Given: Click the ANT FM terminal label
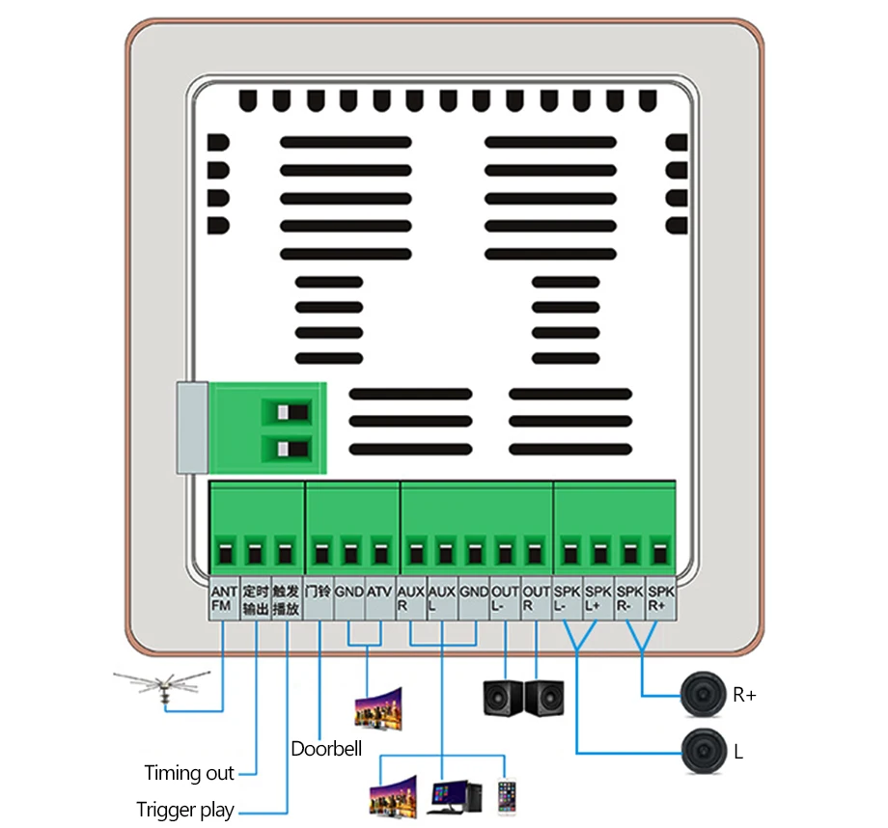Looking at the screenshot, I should [x=224, y=599].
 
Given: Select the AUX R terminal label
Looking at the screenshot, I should [x=411, y=599].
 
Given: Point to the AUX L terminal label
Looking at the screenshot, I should [x=442, y=599].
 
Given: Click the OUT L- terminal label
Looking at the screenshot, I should [x=505, y=599].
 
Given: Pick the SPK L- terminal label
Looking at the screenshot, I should [x=568, y=599].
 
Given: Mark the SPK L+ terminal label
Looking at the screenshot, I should [x=598, y=599].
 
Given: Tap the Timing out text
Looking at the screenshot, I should [x=189, y=773].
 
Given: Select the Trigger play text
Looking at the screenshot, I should [x=185, y=810].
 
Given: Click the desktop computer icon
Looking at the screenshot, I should [x=448, y=795].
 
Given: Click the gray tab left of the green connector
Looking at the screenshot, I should [x=192, y=428].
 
